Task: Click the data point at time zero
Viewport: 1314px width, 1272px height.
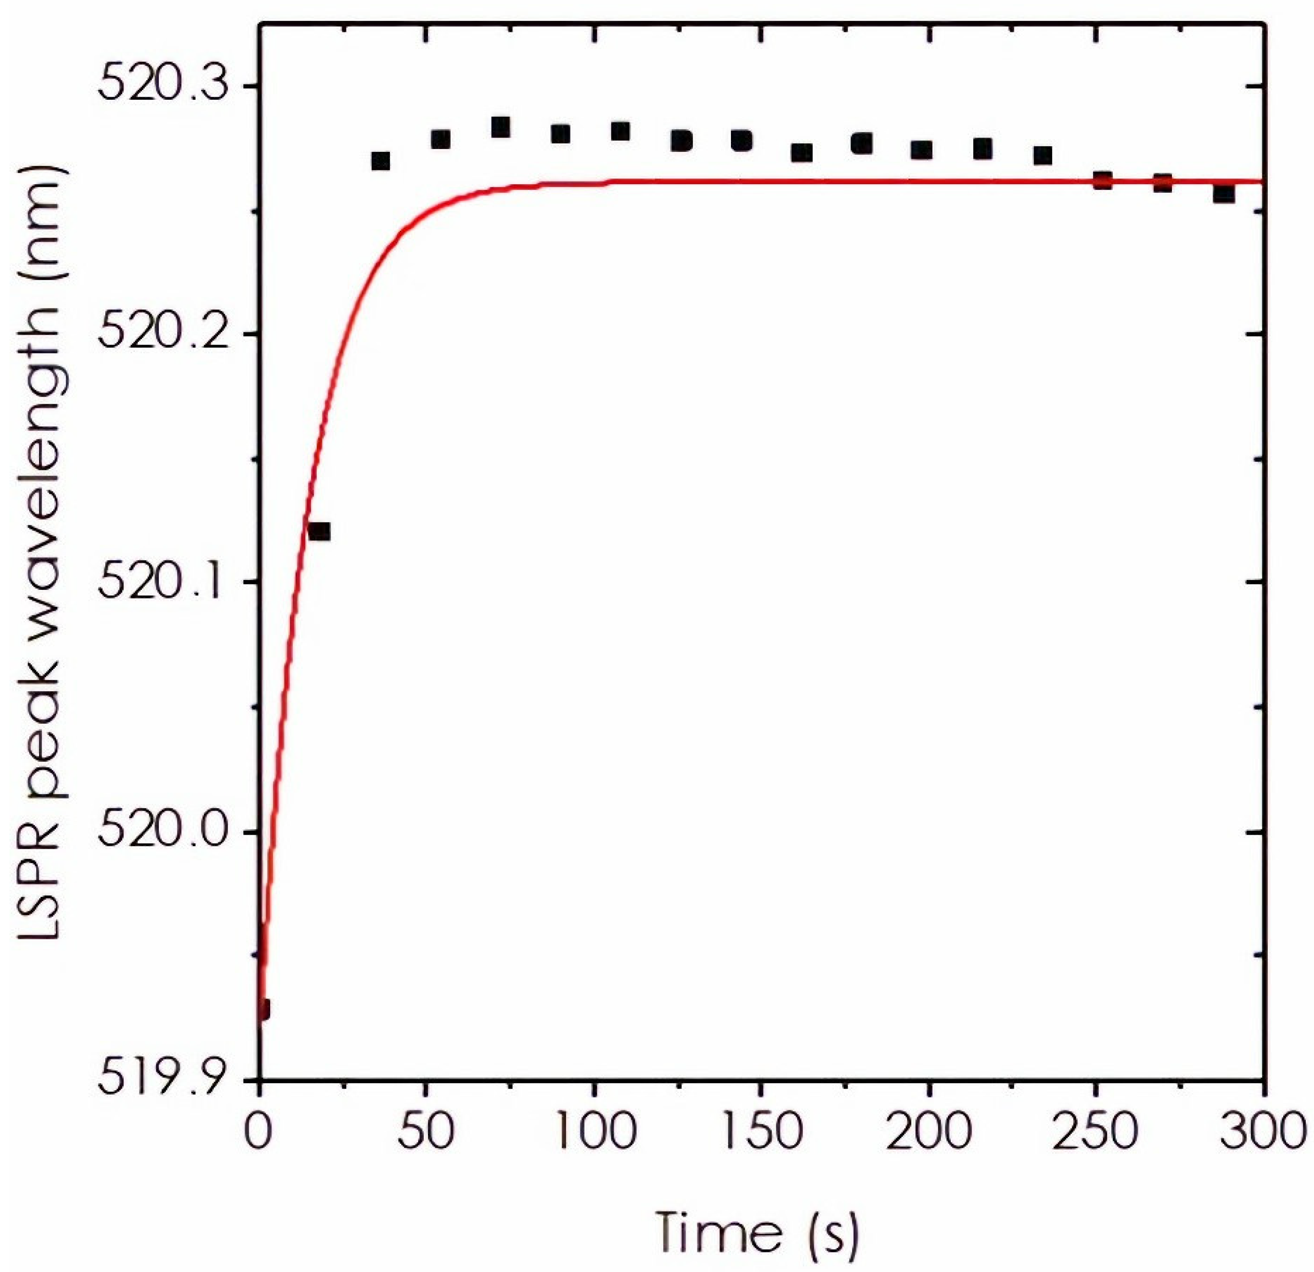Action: click(263, 1009)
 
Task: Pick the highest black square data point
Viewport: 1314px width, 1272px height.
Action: click(500, 127)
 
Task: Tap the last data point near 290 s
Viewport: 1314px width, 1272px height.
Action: click(1224, 194)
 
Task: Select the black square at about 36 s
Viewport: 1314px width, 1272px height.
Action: click(380, 161)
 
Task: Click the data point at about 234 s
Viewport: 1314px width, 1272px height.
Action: click(1043, 155)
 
